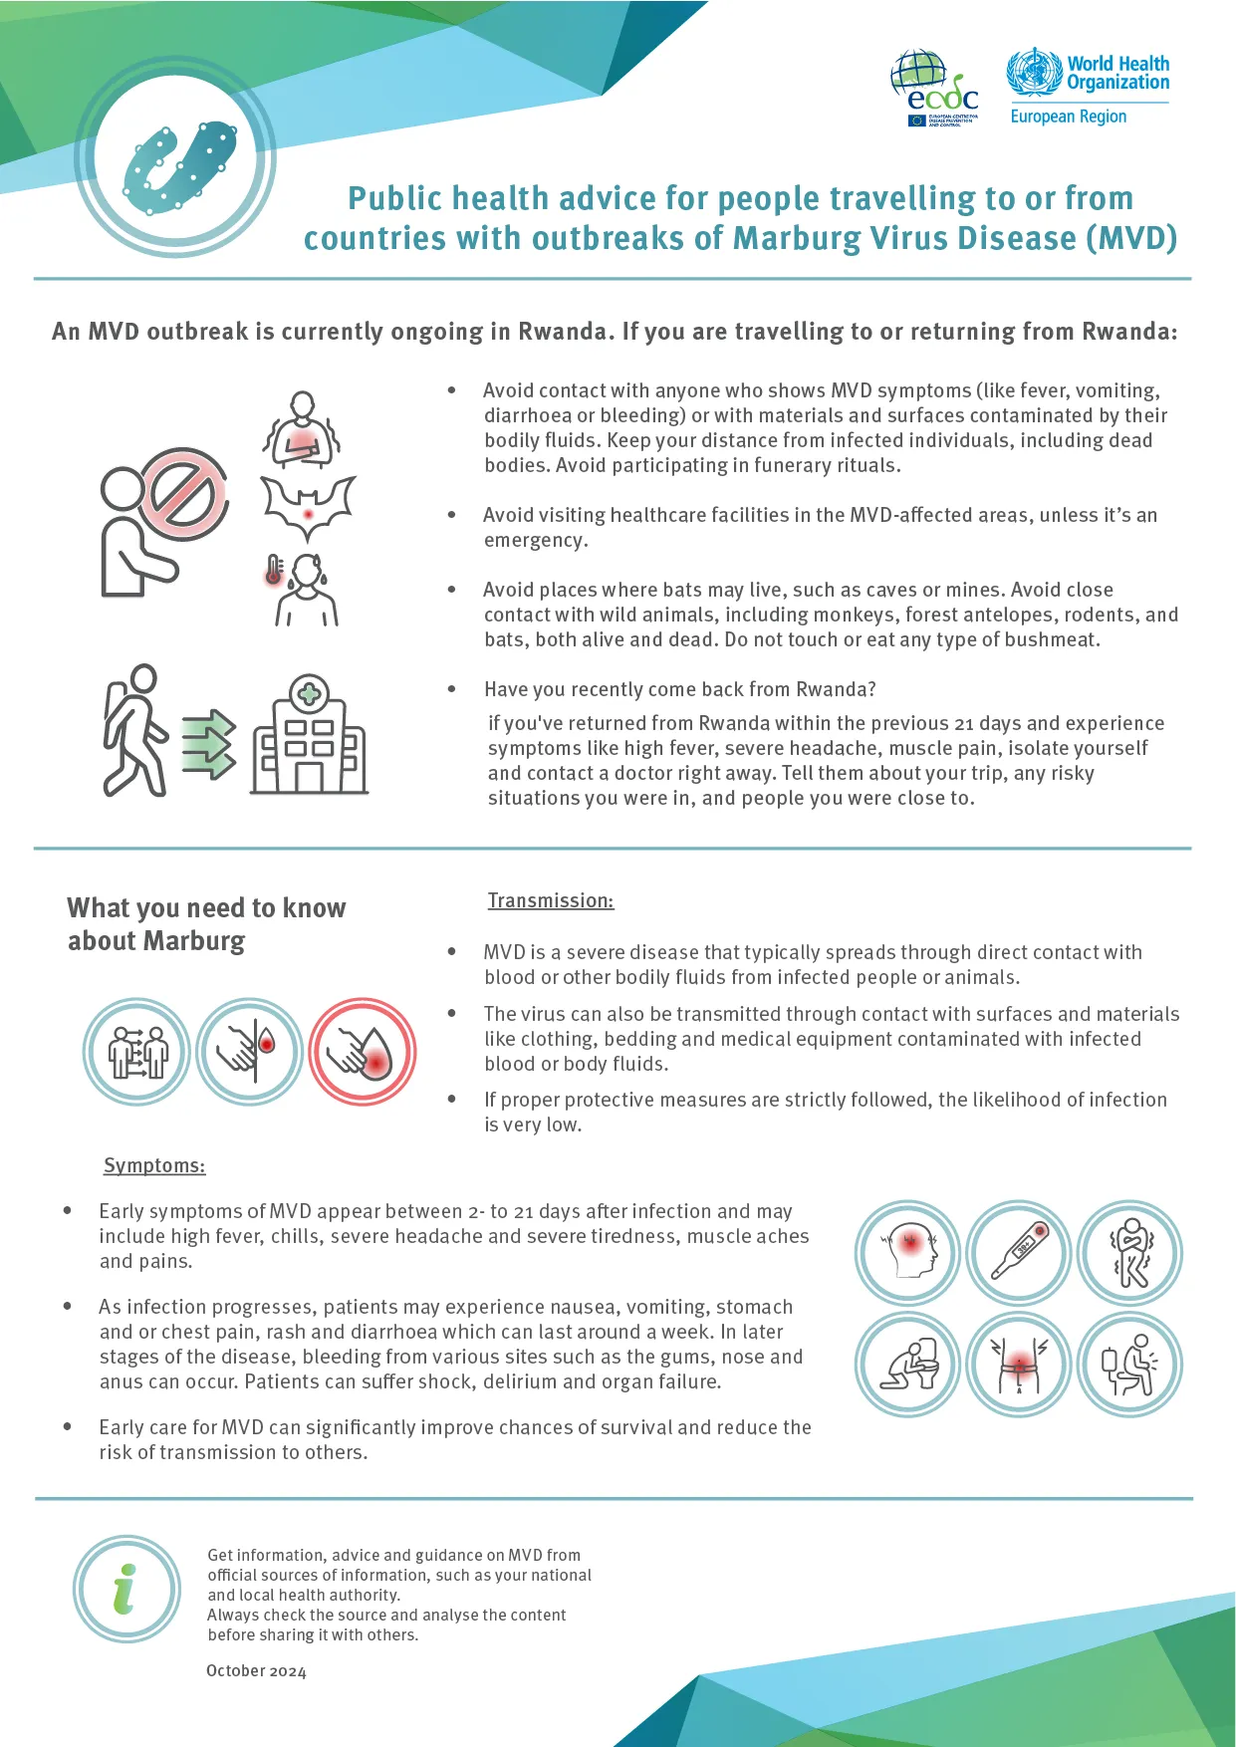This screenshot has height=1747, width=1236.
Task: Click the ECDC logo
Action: tap(934, 88)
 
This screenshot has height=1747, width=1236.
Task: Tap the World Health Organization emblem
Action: tap(1035, 73)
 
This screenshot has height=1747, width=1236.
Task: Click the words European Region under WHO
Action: tap(1068, 117)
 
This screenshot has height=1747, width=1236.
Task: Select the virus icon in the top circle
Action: tap(179, 167)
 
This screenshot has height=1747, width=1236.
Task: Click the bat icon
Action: tap(308, 506)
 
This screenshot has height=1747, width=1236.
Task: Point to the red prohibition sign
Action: tap(185, 493)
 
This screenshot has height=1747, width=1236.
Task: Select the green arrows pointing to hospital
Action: tap(209, 744)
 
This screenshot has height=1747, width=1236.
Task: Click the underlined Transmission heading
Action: tap(550, 900)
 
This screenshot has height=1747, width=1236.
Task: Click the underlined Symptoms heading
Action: tap(154, 1165)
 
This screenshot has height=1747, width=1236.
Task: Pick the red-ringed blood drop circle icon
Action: tap(363, 1052)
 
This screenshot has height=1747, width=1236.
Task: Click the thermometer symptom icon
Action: tap(1019, 1253)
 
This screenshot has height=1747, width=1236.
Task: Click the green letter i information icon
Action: tap(125, 1589)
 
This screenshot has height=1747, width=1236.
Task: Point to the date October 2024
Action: tap(256, 1670)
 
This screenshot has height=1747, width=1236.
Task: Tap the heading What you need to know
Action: tap(206, 907)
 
